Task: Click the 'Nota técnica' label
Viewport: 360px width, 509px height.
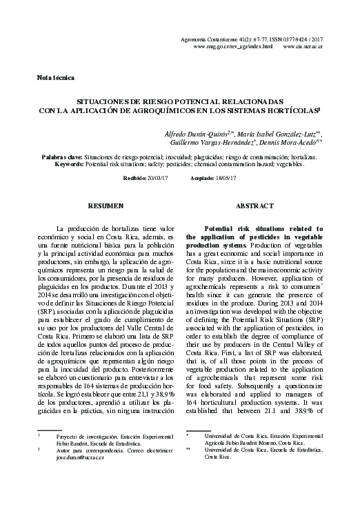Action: [x=56, y=79]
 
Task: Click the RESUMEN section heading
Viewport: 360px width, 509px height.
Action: [x=106, y=206]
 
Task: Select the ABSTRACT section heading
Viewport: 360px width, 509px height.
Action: [x=254, y=206]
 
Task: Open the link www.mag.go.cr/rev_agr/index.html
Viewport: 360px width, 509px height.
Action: [x=233, y=46]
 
